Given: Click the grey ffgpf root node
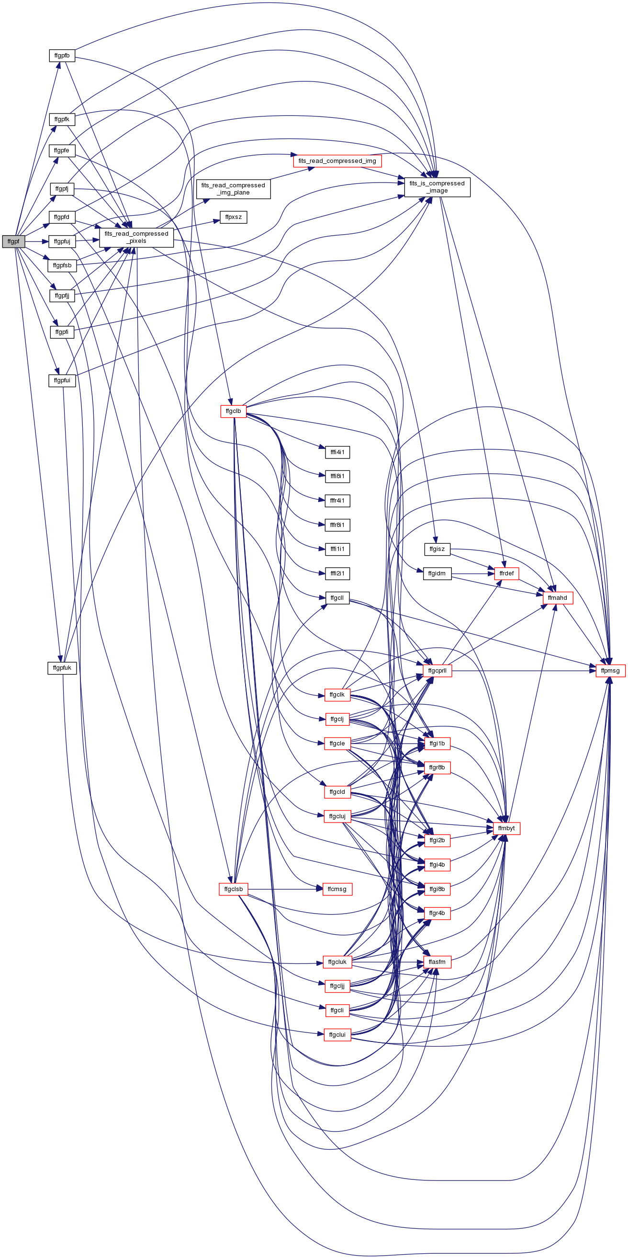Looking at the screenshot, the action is [13, 241].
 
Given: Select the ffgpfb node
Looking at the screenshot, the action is [62, 56].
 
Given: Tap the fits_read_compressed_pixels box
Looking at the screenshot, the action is [136, 238].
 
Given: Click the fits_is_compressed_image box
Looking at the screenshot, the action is [437, 187].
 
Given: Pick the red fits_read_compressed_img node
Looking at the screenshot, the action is [337, 161].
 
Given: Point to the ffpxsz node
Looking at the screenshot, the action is [234, 217].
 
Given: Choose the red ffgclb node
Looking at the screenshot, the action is [234, 411].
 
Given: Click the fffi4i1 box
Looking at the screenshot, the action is [337, 452].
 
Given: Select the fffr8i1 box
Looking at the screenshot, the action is [337, 525].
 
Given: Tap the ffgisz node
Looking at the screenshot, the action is [437, 549].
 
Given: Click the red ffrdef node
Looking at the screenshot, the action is [506, 573].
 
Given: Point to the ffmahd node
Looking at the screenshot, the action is [557, 598].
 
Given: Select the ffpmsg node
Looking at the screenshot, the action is [610, 671].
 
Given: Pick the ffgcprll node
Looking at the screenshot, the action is [437, 671].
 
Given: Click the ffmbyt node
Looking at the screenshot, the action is [506, 828].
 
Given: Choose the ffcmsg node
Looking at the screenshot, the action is [337, 889].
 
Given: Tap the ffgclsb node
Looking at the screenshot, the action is [234, 889].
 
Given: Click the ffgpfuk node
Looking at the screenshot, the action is [62, 668].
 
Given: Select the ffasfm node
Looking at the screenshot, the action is [437, 962].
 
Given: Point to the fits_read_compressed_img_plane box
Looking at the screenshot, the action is [234, 189].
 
